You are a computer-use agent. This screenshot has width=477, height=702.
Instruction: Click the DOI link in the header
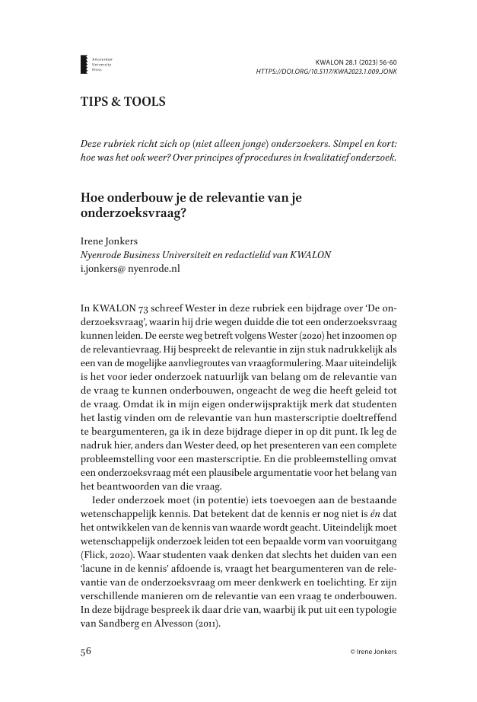pos(326,72)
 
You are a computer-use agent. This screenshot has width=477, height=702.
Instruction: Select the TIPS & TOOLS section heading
pos(122,101)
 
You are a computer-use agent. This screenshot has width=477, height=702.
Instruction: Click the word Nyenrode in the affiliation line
pos(102,254)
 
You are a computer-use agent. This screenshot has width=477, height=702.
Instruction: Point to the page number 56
pos(87,652)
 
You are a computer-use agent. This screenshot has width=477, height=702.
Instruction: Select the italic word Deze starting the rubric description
pos(94,144)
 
